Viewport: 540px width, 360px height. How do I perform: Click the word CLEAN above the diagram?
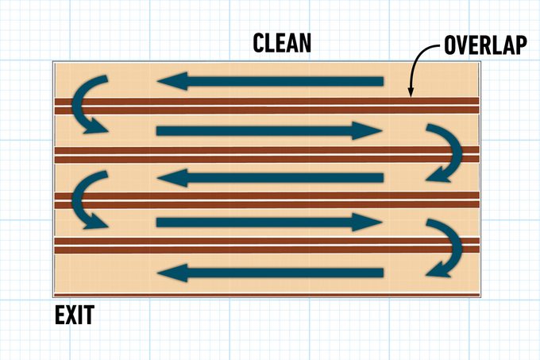click(281, 43)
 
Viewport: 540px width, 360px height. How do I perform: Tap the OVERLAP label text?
click(485, 45)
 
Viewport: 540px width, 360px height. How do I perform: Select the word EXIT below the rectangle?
click(75, 315)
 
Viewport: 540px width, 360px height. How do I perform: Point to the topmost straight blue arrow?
click(270, 81)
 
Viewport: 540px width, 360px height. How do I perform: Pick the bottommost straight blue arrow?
click(270, 274)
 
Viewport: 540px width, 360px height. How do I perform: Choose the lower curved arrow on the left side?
click(85, 199)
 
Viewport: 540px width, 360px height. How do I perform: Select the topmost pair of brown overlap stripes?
click(266, 106)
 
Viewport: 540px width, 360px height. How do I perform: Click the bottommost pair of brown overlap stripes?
click(266, 244)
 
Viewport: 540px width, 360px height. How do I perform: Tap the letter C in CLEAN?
click(260, 43)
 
